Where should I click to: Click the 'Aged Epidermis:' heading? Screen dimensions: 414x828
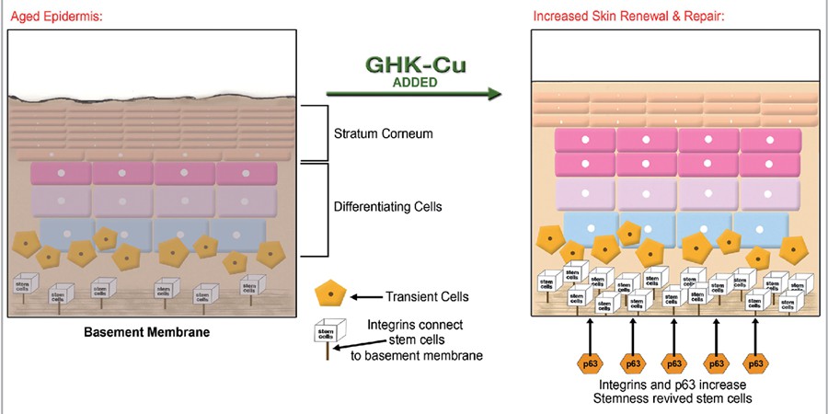(52, 17)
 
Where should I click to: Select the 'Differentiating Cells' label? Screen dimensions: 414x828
(390, 207)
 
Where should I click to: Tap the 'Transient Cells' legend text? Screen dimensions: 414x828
(425, 295)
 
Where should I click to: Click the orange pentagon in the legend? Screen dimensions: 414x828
(329, 294)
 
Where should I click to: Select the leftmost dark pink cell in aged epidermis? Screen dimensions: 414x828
(61, 173)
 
